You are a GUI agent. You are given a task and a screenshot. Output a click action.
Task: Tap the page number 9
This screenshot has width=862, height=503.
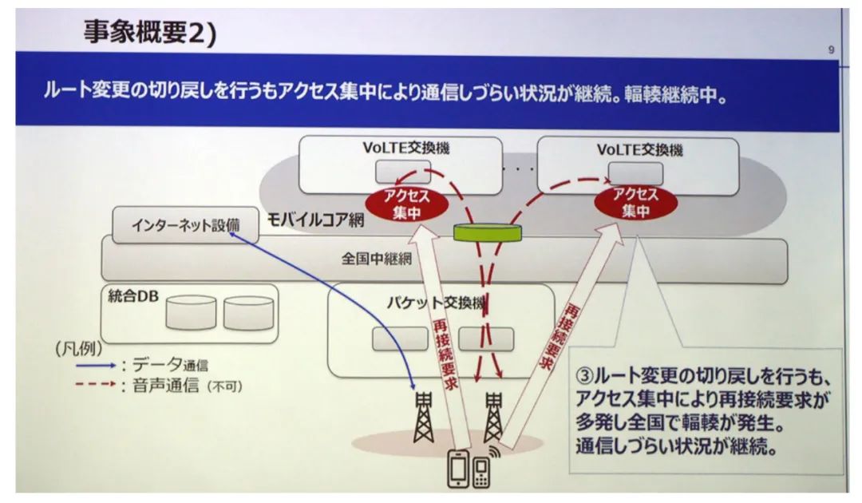[831, 50]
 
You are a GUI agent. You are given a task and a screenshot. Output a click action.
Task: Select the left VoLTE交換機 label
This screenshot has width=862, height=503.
[401, 148]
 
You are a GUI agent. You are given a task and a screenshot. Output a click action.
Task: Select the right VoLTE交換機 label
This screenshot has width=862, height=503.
[639, 149]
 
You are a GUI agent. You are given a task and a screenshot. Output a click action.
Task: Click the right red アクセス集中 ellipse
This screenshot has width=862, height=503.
[635, 203]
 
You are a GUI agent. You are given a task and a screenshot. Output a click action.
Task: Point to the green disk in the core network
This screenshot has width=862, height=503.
[487, 232]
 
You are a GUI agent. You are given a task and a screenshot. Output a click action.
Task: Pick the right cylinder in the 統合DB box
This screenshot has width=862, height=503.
[249, 313]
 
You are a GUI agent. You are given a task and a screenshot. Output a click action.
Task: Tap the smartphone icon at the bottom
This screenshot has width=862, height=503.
[458, 469]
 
